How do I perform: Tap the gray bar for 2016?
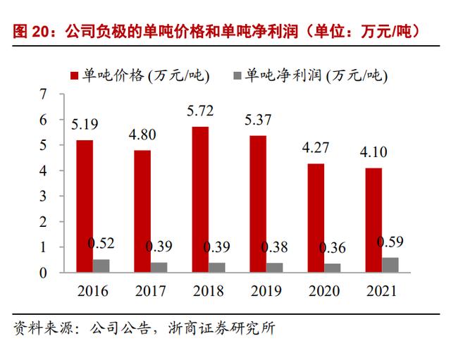click(101, 266)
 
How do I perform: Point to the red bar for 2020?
click(316, 218)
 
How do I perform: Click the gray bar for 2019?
click(275, 268)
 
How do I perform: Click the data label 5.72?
click(200, 111)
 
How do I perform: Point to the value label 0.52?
click(101, 244)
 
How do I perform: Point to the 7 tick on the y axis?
click(44, 94)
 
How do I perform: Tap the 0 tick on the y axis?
click(44, 273)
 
